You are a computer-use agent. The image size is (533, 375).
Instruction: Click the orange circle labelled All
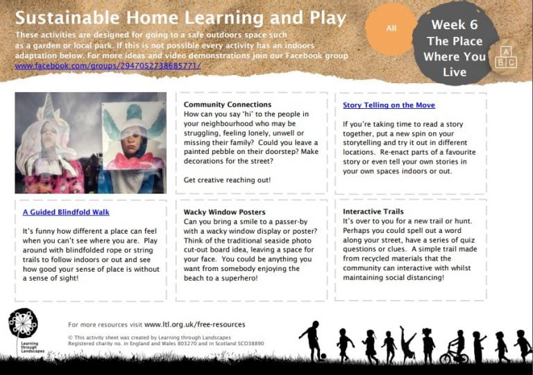click(391, 28)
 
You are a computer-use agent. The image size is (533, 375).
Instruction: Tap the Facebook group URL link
click(108, 66)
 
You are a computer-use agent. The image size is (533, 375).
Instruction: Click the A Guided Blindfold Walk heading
click(66, 212)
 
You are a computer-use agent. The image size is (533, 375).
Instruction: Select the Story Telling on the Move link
click(389, 105)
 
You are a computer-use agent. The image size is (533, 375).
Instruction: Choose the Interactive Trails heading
click(373, 211)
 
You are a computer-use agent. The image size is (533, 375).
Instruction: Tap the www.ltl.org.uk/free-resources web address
click(194, 324)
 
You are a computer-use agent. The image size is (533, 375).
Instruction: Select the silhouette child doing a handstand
click(407, 343)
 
